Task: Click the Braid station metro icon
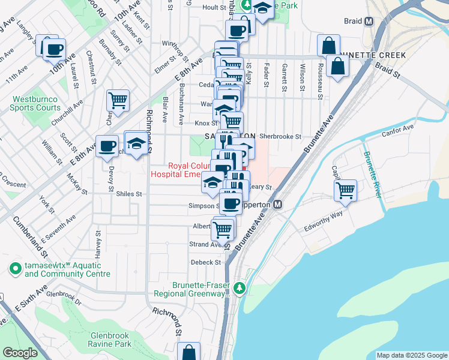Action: [369, 21]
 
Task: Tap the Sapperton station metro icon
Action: [278, 205]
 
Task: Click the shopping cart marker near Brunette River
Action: [345, 191]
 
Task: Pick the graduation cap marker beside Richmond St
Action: [137, 144]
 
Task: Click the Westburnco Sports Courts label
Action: [35, 104]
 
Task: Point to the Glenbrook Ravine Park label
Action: [110, 340]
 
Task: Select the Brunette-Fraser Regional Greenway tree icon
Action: [240, 289]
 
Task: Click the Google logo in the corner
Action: [20, 353]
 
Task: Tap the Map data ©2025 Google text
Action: [412, 355]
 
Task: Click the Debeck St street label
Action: [206, 262]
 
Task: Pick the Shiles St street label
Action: [128, 194]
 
